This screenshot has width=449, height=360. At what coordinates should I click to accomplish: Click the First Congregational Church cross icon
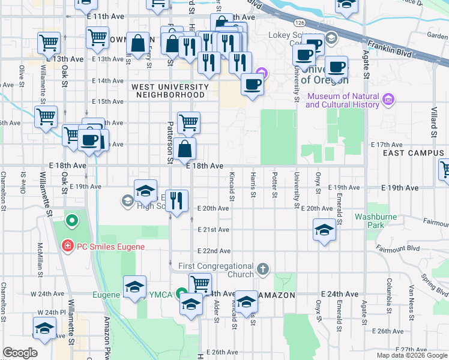coord(262,268)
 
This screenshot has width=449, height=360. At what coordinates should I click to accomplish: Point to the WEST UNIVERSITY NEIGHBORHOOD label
coord(170,91)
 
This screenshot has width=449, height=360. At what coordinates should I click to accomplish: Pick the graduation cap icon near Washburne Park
coord(324,230)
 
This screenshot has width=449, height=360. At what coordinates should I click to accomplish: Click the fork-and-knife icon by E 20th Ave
coord(176,200)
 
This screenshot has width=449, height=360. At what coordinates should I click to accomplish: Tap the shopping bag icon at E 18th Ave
coord(186,149)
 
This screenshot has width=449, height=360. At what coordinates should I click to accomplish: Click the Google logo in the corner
coord(20,353)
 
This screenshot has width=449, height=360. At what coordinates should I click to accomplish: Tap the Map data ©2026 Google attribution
coord(412,355)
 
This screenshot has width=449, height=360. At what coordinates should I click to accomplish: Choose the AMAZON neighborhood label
coord(277,295)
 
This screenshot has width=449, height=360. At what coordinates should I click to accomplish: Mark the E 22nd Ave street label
coord(216,251)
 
